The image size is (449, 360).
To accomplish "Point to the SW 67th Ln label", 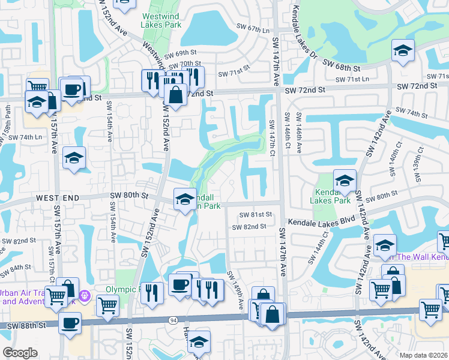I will pos(255,28).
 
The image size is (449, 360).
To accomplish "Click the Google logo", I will pos(20,352).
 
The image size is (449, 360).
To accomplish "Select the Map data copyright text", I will pos(423,355).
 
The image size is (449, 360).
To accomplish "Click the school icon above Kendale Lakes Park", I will pos(345,180).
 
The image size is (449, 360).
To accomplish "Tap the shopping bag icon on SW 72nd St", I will pos(175,95).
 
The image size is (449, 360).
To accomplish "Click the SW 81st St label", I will pos(256,214).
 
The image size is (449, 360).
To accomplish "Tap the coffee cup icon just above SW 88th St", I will pos(70,323).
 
